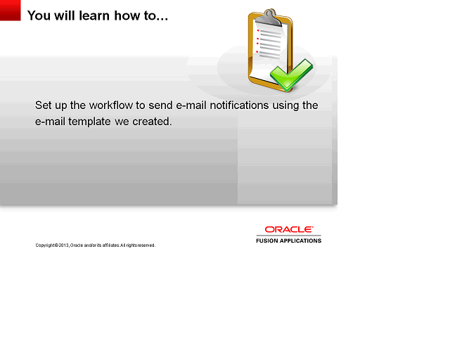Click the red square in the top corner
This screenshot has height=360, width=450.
click(x=11, y=11)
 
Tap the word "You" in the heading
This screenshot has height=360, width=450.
click(x=39, y=15)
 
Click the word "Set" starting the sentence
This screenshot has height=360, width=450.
click(x=44, y=105)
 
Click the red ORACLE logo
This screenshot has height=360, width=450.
click(x=288, y=229)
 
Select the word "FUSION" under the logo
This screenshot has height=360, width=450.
click(x=268, y=240)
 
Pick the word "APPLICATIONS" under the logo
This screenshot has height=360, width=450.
click(x=302, y=240)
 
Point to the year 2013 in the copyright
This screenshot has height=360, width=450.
click(x=63, y=245)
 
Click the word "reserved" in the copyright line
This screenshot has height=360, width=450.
click(x=146, y=245)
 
